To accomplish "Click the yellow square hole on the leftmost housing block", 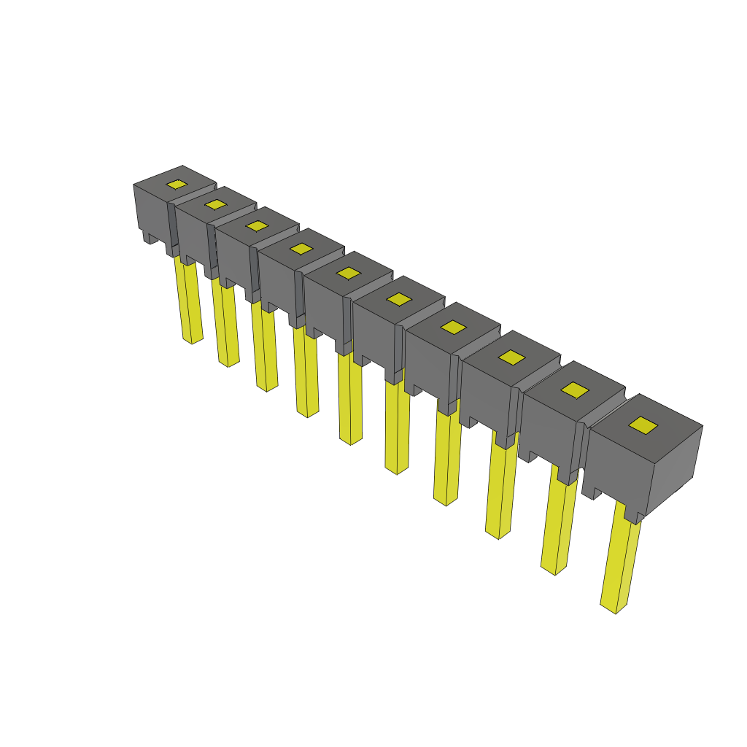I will (x=177, y=185).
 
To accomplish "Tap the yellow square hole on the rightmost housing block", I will (x=643, y=425).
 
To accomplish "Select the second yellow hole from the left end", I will (x=215, y=204).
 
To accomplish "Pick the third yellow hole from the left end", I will (x=257, y=225).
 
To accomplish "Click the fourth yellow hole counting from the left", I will (x=301, y=249).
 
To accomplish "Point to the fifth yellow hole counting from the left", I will (x=349, y=273).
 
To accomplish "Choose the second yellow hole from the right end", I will (x=575, y=390).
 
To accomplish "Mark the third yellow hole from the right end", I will (x=512, y=357).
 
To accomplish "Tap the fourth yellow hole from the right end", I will (x=453, y=328).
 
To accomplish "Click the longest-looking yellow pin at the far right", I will (x=622, y=562).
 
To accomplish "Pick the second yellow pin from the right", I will (x=560, y=525).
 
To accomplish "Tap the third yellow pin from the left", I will (x=265, y=349).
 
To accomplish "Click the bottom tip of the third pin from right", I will (x=498, y=534).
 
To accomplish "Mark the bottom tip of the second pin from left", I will (x=228, y=363).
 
